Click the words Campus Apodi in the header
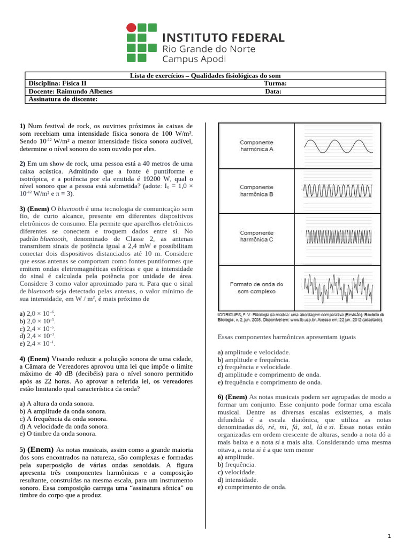click(194, 59)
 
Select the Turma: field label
click(275, 83)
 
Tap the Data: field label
click(273, 91)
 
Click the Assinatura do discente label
click(63, 99)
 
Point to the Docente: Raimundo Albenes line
click(70, 91)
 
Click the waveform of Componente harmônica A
click(337, 146)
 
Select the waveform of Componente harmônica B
click(337, 191)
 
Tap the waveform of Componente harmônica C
click(337, 236)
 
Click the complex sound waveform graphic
click(337, 288)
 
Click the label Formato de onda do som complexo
click(256, 288)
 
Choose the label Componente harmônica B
click(256, 191)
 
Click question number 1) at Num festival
click(22, 126)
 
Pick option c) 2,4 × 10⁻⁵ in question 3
click(37, 329)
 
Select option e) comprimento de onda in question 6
click(252, 487)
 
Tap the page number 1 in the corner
click(390, 536)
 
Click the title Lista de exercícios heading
click(205, 76)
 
